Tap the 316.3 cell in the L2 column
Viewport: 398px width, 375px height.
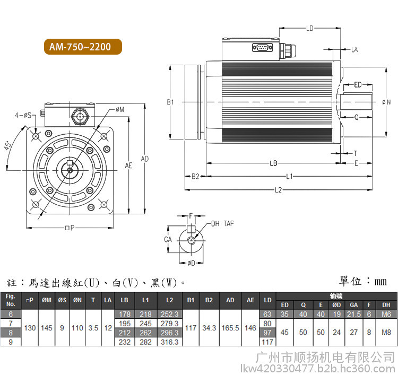click(x=169, y=342)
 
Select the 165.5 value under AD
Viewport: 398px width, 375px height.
click(x=230, y=328)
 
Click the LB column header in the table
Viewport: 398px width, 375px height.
click(x=125, y=300)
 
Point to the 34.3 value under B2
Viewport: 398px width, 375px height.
click(x=209, y=328)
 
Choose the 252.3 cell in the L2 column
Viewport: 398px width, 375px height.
click(x=169, y=314)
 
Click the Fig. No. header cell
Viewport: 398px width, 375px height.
click(x=11, y=300)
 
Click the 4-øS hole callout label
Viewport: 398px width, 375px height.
click(x=23, y=115)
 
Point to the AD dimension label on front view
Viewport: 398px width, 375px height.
click(x=145, y=159)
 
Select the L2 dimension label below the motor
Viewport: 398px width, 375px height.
click(x=278, y=190)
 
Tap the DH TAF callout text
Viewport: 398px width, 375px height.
click(x=222, y=223)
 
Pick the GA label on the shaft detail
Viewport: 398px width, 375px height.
click(x=168, y=240)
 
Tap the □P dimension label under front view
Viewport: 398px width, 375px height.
click(x=70, y=228)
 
